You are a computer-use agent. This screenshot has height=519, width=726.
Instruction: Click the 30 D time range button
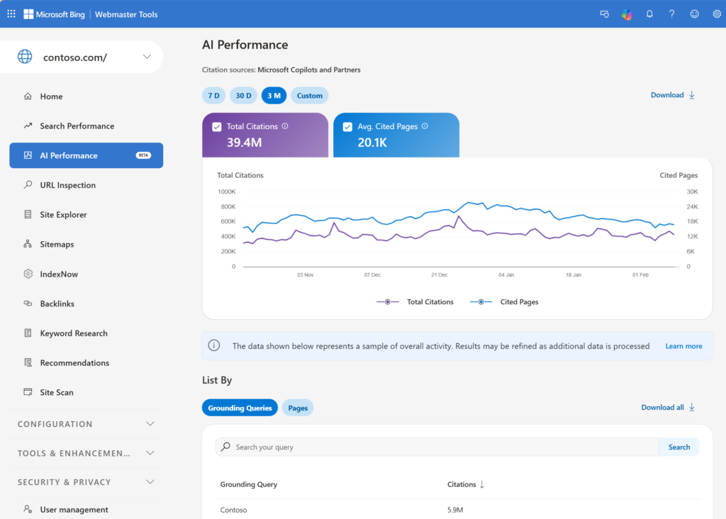click(243, 96)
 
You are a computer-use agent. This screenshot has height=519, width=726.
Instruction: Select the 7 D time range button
click(213, 96)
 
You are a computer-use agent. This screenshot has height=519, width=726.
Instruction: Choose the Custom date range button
click(310, 96)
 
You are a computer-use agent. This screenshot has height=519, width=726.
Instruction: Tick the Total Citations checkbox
click(217, 127)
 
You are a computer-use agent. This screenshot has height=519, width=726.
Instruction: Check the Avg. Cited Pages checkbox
click(347, 127)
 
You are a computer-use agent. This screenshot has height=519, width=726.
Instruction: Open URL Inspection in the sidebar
click(67, 185)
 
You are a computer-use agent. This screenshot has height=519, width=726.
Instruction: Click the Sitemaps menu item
click(57, 245)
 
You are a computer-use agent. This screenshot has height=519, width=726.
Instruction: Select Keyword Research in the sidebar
click(74, 333)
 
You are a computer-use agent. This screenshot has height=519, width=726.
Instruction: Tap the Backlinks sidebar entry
click(57, 303)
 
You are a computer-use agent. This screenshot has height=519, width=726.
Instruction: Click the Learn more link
click(683, 346)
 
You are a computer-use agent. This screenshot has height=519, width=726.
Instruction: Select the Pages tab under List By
click(298, 408)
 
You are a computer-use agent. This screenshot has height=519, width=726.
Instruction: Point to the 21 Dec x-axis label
click(439, 274)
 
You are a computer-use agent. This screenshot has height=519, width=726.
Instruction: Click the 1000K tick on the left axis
click(226, 191)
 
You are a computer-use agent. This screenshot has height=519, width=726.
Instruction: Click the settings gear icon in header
click(716, 14)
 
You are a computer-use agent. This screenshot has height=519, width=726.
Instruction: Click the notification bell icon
click(649, 14)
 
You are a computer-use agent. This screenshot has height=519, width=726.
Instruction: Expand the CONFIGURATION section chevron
click(150, 424)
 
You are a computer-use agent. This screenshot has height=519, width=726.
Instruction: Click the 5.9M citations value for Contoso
click(454, 510)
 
